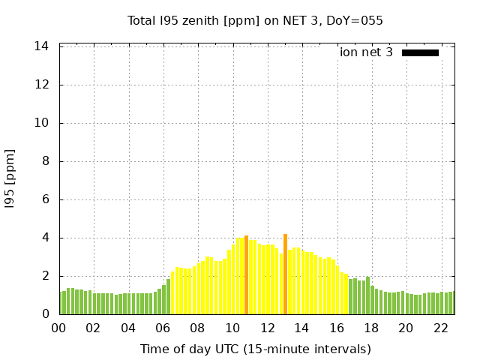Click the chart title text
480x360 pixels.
coord(255,20)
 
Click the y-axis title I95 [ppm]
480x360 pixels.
coord(10,178)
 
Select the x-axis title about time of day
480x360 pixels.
coord(255,349)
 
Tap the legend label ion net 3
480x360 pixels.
coord(366,52)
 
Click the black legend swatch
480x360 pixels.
coord(420,52)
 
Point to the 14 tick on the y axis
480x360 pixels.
coord(42,46)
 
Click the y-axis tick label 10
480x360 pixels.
coord(42,123)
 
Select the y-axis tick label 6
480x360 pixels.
coord(46,199)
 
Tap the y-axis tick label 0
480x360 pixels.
coord(46,314)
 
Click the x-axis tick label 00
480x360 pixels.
coord(59,328)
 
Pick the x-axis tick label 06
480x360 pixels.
coord(163,328)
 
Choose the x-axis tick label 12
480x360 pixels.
coord(267,328)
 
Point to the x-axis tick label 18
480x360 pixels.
coord(371,328)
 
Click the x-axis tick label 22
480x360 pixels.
coord(440,328)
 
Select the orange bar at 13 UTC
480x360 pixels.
coord(285,274)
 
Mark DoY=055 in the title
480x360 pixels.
coord(355,20)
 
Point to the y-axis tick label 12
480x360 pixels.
coord(42,85)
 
